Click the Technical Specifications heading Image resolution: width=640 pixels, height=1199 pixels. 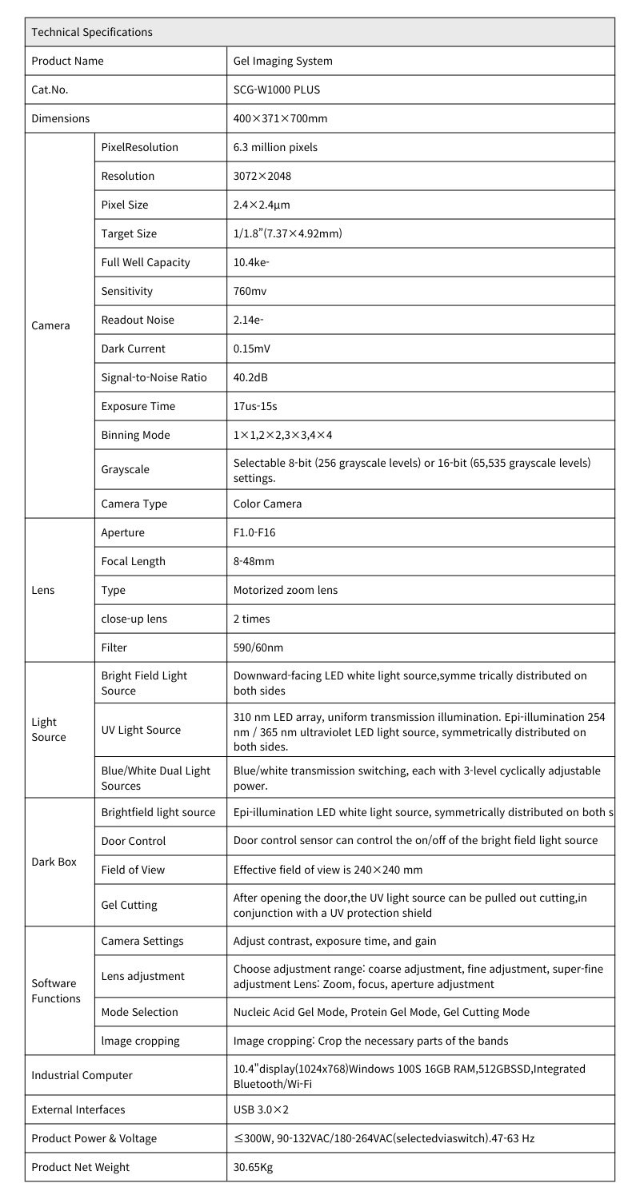(x=91, y=32)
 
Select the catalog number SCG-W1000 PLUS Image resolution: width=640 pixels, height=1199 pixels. (x=276, y=90)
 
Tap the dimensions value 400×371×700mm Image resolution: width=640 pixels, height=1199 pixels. (x=280, y=118)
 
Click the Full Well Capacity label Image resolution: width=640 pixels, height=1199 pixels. (x=146, y=262)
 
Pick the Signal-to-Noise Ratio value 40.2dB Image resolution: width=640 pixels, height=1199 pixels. (x=250, y=377)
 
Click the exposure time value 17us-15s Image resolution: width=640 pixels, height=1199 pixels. (x=255, y=406)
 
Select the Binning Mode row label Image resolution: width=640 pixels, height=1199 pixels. (x=135, y=435)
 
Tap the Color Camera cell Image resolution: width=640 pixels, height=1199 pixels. (x=267, y=504)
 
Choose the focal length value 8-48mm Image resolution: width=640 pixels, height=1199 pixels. (x=254, y=561)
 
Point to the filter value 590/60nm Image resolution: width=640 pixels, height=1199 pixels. (x=258, y=647)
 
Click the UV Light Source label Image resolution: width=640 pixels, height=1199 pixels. (x=141, y=730)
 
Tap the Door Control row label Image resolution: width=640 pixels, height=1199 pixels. (x=134, y=841)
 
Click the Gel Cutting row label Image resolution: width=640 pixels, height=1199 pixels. (x=129, y=905)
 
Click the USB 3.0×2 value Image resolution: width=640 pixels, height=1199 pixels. (x=259, y=1109)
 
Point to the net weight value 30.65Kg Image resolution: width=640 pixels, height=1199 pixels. (x=254, y=1167)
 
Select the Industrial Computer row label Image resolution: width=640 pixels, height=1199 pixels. (x=82, y=1075)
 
